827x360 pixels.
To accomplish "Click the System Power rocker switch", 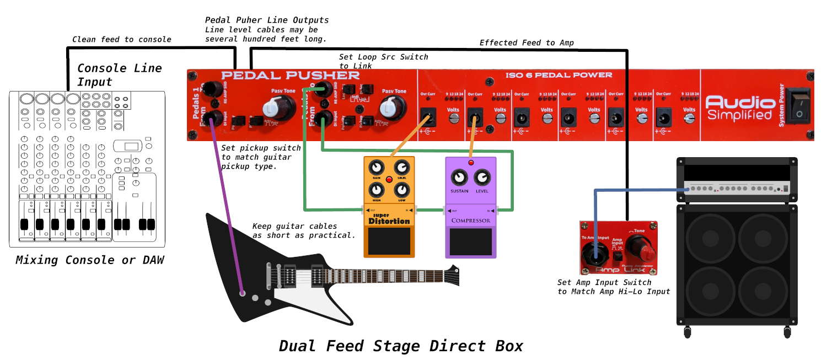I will (798, 105).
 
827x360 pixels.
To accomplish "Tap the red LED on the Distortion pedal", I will (389, 179).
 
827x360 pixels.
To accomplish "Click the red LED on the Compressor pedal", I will (471, 163).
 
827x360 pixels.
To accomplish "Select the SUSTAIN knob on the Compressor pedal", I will (459, 178).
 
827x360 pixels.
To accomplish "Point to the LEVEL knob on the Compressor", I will (482, 178).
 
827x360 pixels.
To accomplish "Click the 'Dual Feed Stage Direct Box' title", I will (401, 346).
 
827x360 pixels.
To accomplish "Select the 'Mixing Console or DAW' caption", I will (90, 260).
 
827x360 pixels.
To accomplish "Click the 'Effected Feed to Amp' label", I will (527, 43).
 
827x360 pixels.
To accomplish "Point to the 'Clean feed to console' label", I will (122, 39).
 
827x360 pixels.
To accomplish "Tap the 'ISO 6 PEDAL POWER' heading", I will (559, 75).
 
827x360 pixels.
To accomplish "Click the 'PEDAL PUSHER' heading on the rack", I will (290, 76).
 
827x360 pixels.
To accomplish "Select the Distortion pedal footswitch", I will (389, 240).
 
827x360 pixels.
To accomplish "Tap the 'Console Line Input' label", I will (120, 75).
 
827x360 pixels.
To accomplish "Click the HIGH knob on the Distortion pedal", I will (377, 190).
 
